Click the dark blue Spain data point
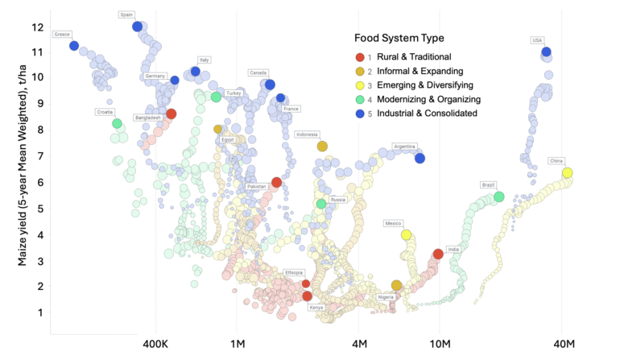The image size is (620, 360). (x=137, y=27)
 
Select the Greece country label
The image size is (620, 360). (x=62, y=35)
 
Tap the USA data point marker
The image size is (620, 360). (x=547, y=52)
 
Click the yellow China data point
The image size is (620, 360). (x=567, y=173)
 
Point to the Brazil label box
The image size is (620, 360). (x=488, y=185)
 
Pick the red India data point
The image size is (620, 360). (x=438, y=254)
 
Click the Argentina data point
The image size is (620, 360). (x=420, y=158)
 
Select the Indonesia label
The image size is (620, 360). (x=307, y=134)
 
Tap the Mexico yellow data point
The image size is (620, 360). (x=407, y=235)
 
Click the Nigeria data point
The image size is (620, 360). (x=396, y=286)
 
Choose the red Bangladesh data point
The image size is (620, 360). (x=172, y=114)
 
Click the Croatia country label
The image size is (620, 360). (x=105, y=112)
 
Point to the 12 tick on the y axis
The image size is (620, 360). (x=37, y=27)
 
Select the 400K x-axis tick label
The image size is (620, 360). (x=155, y=345)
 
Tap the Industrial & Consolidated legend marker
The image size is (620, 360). (x=360, y=114)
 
